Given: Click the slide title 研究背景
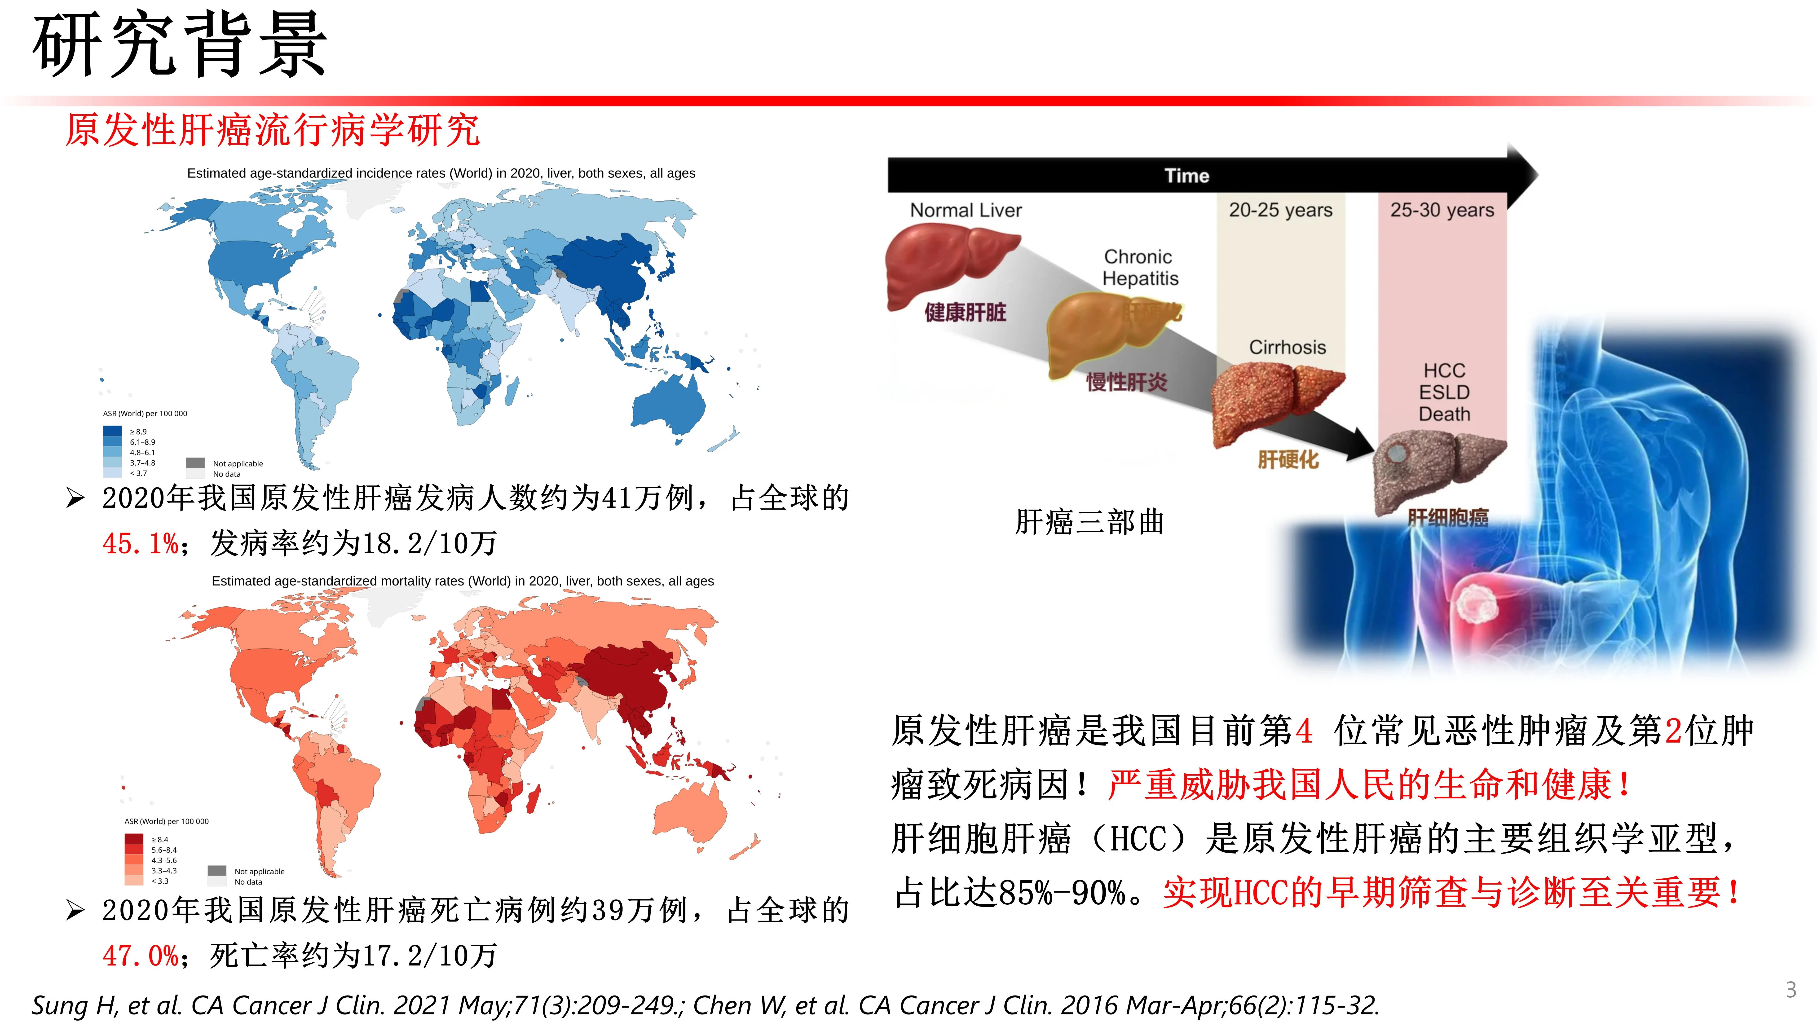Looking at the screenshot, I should (180, 46).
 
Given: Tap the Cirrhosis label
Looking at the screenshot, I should (1287, 347).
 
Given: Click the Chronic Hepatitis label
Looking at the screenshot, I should (1140, 267).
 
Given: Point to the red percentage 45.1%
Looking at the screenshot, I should (140, 544).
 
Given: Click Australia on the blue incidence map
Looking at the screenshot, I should (666, 405).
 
